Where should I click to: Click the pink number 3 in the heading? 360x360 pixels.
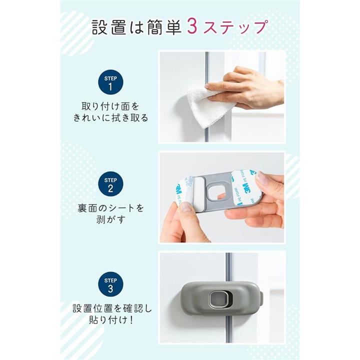tap(192, 26)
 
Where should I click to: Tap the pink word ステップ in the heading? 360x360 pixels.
tap(235, 27)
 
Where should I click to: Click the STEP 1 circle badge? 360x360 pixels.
tap(110, 82)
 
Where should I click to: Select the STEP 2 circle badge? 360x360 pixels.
tap(110, 184)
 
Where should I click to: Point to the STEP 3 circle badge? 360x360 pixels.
tap(110, 284)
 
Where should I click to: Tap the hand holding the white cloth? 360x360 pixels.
tap(248, 88)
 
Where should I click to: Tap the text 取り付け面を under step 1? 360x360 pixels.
tap(110, 106)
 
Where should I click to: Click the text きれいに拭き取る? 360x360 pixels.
tap(110, 118)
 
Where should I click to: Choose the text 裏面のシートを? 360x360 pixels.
tap(110, 208)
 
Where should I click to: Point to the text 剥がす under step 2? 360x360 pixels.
tap(110, 219)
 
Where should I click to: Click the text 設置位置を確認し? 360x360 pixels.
tap(112, 308)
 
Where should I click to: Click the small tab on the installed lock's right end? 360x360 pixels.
tap(261, 299)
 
